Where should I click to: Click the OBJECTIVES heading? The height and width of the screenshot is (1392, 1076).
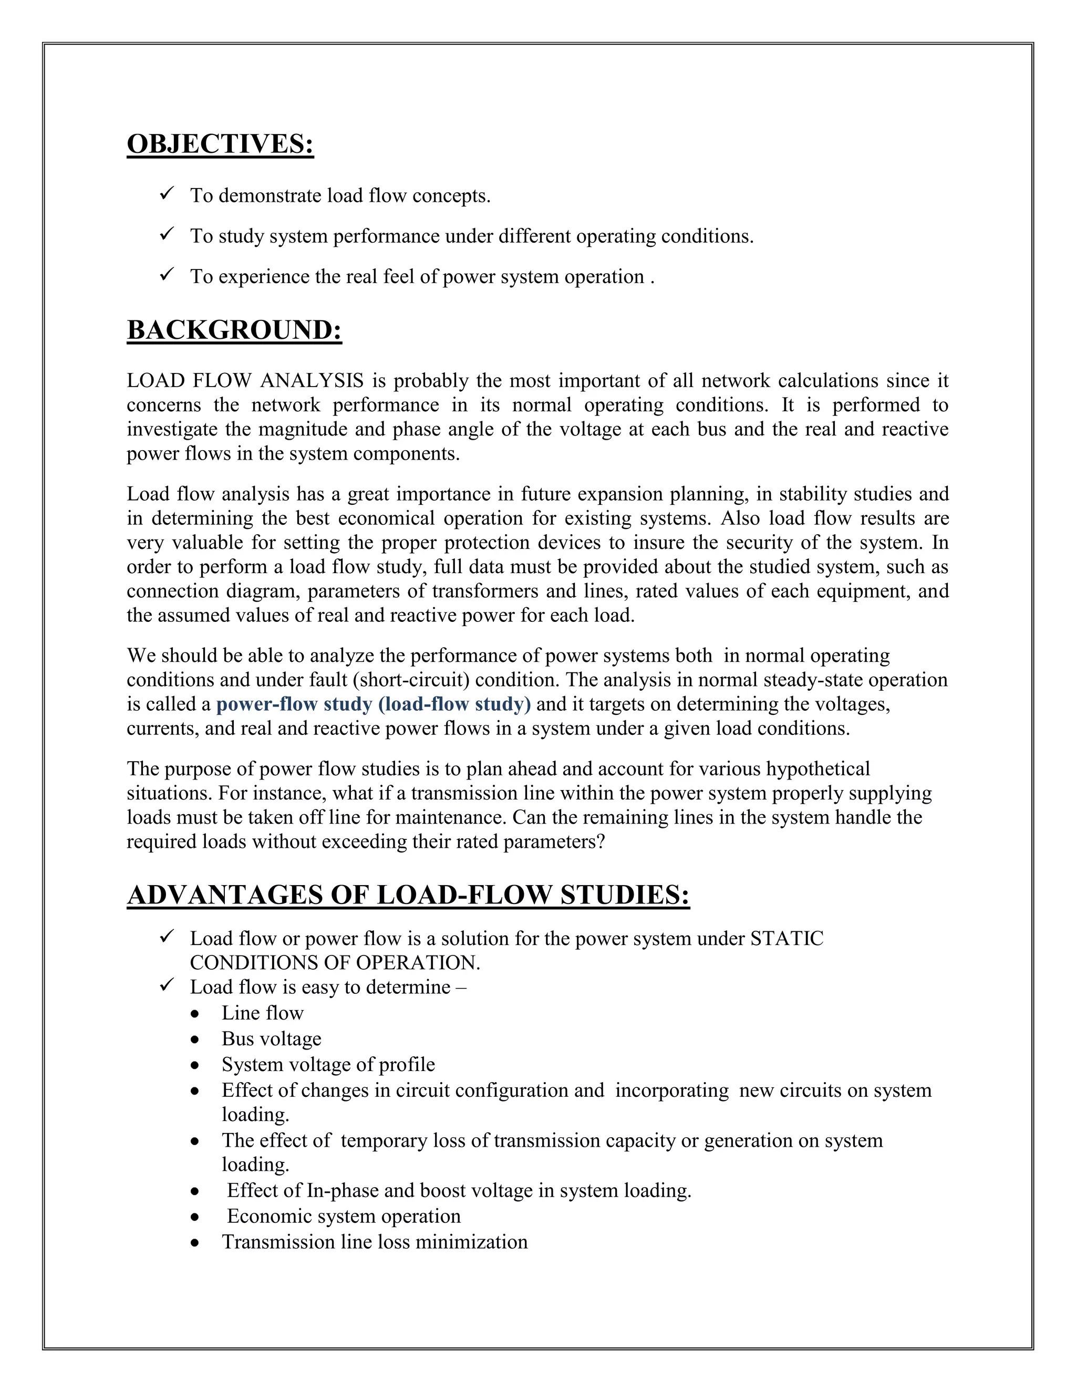tap(220, 144)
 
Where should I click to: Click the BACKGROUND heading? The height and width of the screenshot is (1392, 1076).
tap(234, 330)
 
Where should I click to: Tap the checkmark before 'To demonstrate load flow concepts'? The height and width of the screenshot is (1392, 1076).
tap(168, 193)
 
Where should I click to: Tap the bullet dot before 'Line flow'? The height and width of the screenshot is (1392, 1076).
tap(195, 1014)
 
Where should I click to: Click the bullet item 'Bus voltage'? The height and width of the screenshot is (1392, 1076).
tap(271, 1039)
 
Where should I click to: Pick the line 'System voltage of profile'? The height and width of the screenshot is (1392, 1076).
tap(328, 1064)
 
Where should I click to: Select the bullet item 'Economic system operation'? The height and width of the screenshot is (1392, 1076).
tap(344, 1216)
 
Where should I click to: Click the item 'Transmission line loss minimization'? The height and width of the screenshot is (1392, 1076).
tap(375, 1242)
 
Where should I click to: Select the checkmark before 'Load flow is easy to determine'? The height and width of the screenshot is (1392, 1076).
tap(168, 985)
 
